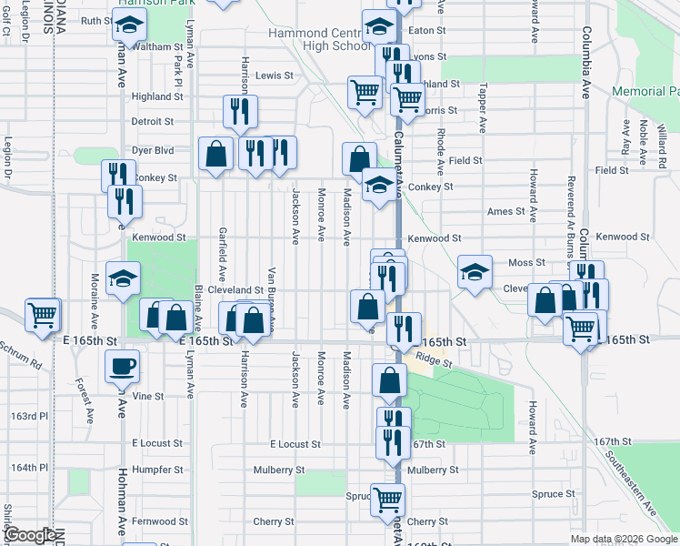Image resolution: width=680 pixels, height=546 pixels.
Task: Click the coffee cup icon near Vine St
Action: [122, 367]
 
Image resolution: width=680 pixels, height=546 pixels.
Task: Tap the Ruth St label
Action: [95, 21]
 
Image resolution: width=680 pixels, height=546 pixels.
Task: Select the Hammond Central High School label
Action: [313, 40]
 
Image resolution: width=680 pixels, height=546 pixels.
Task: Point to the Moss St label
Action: [526, 262]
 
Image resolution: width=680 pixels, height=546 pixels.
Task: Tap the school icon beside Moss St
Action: [475, 272]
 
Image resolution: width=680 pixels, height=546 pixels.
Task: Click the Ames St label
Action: [506, 211]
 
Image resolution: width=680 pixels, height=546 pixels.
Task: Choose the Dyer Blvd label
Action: [152, 149]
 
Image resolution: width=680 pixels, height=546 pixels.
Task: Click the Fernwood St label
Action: [159, 521]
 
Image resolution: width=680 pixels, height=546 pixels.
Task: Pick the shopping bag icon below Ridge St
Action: [389, 382]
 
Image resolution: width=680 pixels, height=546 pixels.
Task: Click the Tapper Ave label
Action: [483, 101]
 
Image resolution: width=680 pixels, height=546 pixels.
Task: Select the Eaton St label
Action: [427, 30]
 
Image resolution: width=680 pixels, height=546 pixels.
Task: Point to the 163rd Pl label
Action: [24, 416]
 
